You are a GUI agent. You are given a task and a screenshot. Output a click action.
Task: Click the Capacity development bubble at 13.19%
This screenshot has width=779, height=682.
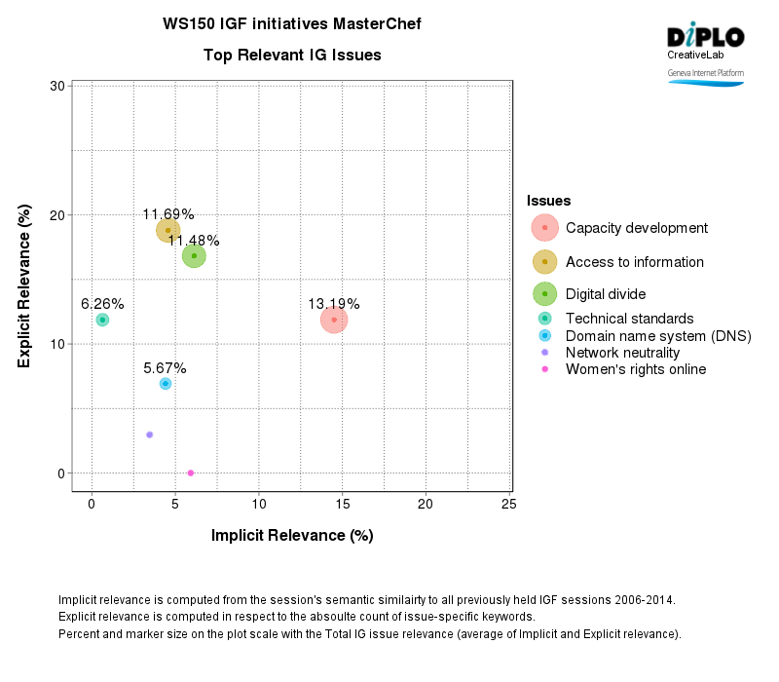(x=334, y=320)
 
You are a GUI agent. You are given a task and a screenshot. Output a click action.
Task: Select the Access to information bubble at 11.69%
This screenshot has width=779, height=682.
(x=168, y=231)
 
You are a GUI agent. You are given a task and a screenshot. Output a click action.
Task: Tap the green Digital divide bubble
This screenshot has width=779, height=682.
(x=194, y=256)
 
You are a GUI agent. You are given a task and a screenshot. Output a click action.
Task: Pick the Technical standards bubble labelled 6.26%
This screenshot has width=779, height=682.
(x=102, y=320)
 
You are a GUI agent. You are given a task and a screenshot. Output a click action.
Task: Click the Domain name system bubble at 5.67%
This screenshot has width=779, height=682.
(x=166, y=384)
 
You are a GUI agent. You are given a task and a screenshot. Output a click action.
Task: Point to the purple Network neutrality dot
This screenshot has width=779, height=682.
(x=149, y=435)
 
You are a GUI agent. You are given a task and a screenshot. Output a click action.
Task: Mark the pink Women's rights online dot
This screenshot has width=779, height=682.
(x=190, y=473)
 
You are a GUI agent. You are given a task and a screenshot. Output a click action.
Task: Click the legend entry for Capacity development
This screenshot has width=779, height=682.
(x=636, y=228)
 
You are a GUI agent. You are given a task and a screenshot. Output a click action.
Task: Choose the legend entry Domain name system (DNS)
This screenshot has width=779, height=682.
(x=658, y=336)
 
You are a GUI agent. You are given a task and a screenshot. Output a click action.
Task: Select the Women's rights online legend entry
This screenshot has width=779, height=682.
(x=635, y=369)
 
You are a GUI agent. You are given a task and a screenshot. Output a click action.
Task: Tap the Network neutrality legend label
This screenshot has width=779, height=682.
(x=622, y=353)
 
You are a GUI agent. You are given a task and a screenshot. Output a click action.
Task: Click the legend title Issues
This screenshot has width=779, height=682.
(x=548, y=201)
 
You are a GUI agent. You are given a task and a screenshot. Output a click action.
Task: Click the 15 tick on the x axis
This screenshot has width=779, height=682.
(x=342, y=504)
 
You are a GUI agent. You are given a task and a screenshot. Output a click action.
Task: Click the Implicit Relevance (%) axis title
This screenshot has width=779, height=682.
(x=292, y=535)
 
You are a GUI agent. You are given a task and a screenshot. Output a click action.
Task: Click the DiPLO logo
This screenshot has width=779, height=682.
(x=705, y=37)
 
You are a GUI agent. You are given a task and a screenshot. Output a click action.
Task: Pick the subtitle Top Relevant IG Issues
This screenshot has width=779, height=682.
(x=292, y=56)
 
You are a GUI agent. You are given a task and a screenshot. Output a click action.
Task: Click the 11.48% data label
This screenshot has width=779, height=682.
(x=194, y=241)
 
